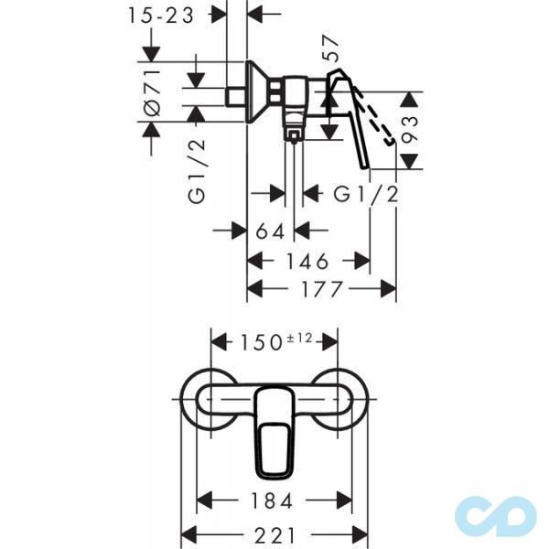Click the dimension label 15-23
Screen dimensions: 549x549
click(161, 16)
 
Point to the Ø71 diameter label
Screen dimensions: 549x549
click(153, 91)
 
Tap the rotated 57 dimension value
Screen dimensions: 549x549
click(330, 48)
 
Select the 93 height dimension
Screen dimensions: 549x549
click(410, 130)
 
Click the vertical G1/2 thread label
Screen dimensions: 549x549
click(197, 171)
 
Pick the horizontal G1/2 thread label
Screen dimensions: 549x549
click(365, 194)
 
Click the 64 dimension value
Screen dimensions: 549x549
click(270, 231)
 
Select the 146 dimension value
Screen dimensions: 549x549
click(307, 261)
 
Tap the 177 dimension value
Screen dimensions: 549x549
click(322, 289)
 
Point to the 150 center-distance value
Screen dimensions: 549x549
click(261, 342)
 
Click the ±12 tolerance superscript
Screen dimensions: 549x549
click(299, 339)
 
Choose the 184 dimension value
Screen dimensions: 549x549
click(272, 501)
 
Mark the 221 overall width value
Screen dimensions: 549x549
click(274, 535)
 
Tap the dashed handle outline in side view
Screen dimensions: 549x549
click(374, 115)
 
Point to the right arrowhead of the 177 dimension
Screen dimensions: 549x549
click(389, 289)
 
